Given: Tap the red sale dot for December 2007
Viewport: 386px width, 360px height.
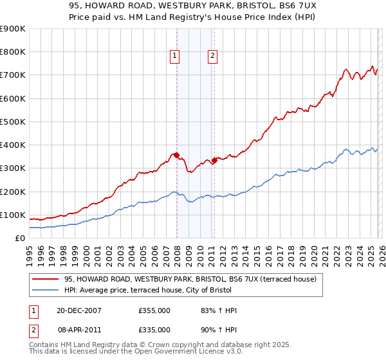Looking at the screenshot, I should point(177,155).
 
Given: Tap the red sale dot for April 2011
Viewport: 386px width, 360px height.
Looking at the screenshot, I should point(214,160).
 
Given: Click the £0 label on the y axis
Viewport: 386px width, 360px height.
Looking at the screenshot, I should point(20,238).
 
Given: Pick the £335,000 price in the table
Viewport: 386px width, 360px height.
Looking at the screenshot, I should point(154,329).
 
